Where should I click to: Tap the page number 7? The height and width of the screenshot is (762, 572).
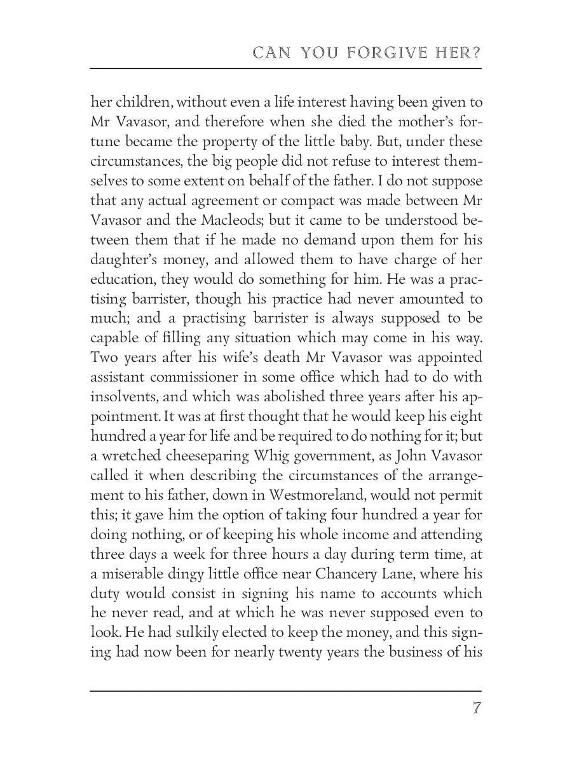pyautogui.click(x=476, y=708)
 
